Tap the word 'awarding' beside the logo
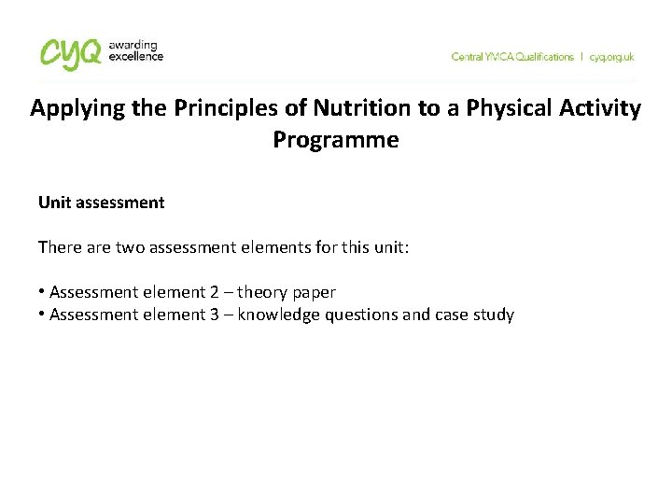133,45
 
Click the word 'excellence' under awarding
136,56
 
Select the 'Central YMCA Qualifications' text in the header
512,57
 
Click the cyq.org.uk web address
611,57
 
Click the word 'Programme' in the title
335,140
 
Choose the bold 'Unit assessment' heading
101,202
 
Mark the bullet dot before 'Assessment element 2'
42,293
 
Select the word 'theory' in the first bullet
265,293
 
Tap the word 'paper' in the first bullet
315,293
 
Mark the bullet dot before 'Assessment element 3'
42,315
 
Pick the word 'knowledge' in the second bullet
278,315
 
